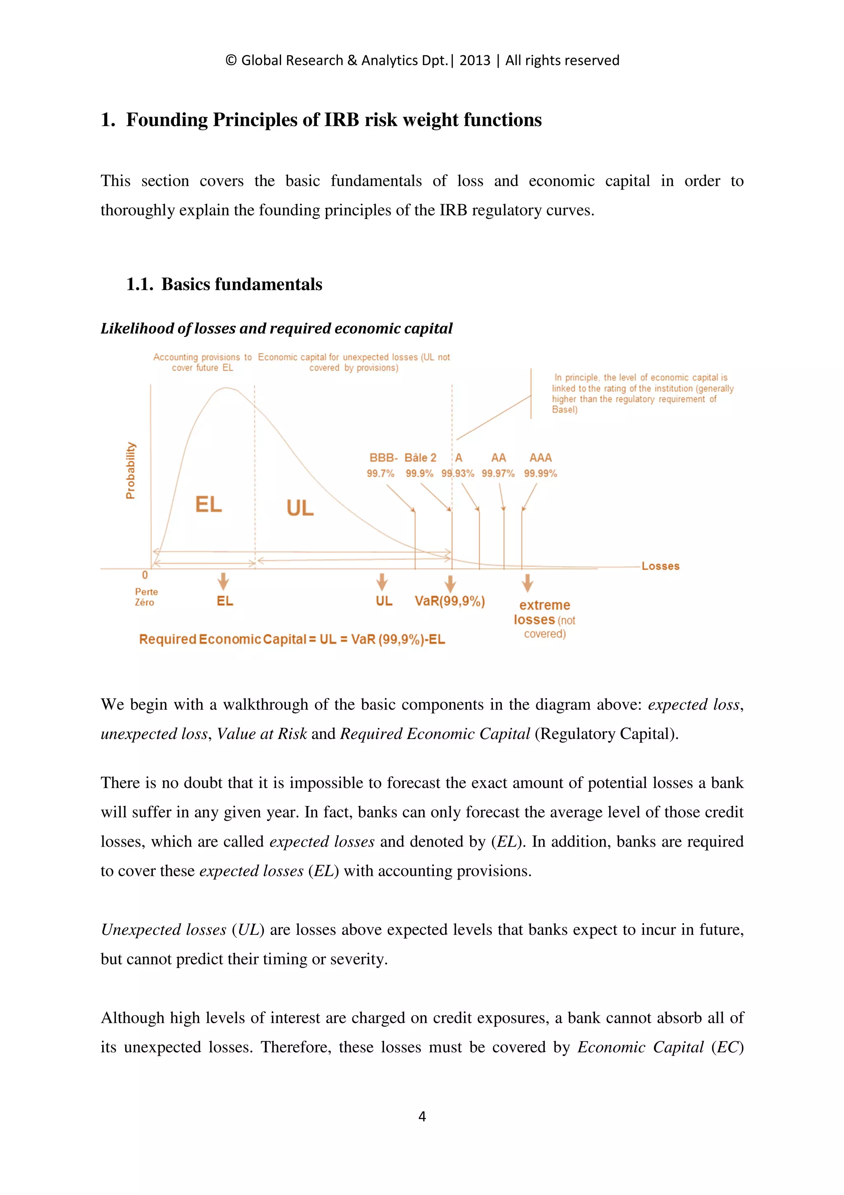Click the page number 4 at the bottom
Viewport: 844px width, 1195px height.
(422, 1116)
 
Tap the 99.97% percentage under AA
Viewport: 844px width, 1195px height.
(498, 474)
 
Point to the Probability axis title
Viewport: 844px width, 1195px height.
(131, 470)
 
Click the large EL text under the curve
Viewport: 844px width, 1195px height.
(209, 504)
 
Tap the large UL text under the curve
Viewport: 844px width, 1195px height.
(300, 508)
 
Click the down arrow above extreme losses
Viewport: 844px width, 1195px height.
(527, 583)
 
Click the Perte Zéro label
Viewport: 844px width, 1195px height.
(145, 597)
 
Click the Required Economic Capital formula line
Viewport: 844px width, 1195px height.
(292, 639)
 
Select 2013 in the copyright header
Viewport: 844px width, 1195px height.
(474, 60)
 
